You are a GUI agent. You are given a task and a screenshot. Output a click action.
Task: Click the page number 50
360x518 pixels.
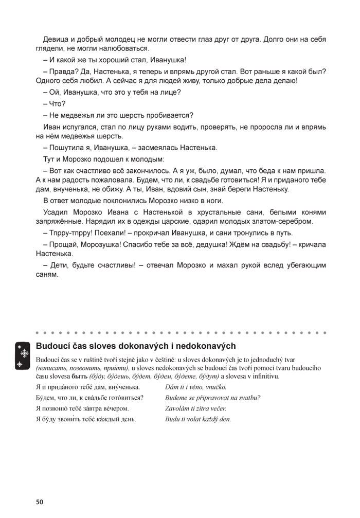click(40, 501)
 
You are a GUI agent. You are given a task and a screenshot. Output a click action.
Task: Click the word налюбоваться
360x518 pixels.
click(124, 48)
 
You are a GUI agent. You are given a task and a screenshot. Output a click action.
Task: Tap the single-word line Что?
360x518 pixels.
click(54, 103)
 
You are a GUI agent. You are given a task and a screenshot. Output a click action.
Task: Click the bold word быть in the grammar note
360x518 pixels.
click(80, 377)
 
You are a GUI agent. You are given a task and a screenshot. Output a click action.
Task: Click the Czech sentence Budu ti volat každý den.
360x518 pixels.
click(198, 419)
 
